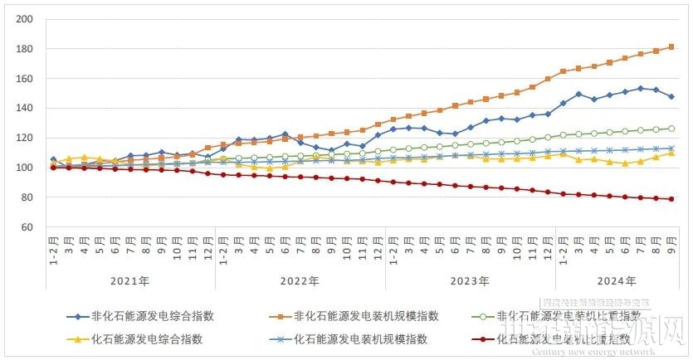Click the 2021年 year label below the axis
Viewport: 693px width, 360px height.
point(130,281)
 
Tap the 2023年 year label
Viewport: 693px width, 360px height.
point(471,281)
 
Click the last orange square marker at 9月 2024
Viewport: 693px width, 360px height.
point(671,46)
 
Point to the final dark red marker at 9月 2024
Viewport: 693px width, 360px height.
point(671,199)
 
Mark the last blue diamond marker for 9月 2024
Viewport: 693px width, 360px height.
point(671,96)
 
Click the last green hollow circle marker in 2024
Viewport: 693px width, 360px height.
point(671,129)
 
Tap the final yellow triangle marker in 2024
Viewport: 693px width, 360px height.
point(671,153)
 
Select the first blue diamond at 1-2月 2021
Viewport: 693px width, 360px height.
point(53,159)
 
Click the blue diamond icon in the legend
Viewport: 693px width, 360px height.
point(76,316)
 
